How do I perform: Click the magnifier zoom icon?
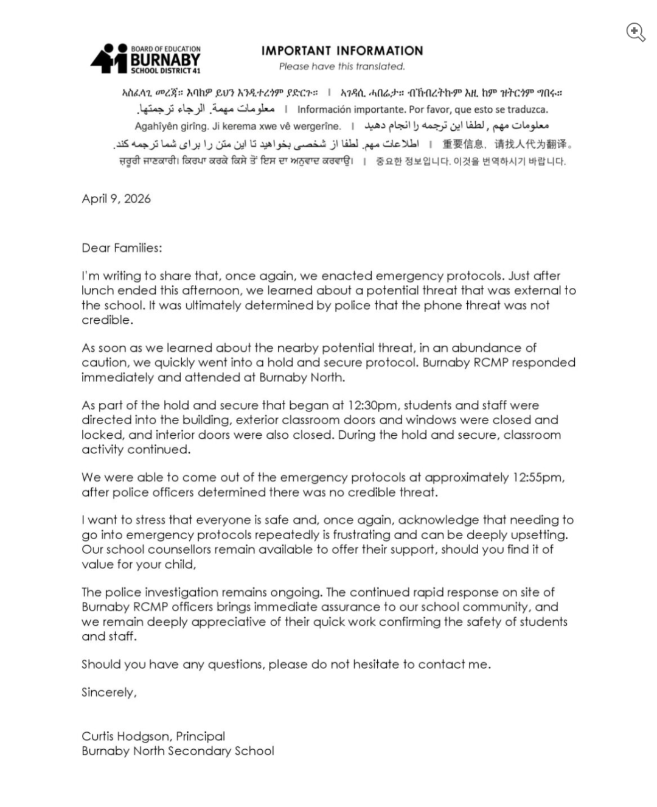[x=635, y=32]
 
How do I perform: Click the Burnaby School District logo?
[x=146, y=59]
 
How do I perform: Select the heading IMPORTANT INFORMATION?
[x=342, y=51]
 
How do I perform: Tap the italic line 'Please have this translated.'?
[x=342, y=66]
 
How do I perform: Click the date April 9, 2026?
[x=116, y=198]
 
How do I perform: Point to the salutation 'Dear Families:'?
[x=122, y=248]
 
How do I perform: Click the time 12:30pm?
[x=372, y=405]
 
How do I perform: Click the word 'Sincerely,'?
[x=109, y=693]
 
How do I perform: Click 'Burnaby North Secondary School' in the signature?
[x=178, y=751]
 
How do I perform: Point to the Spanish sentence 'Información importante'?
[x=422, y=110]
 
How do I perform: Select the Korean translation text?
[x=471, y=162]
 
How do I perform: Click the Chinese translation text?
[x=507, y=144]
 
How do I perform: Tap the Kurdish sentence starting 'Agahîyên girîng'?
[x=238, y=127]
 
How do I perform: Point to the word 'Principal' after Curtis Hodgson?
[x=201, y=736]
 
